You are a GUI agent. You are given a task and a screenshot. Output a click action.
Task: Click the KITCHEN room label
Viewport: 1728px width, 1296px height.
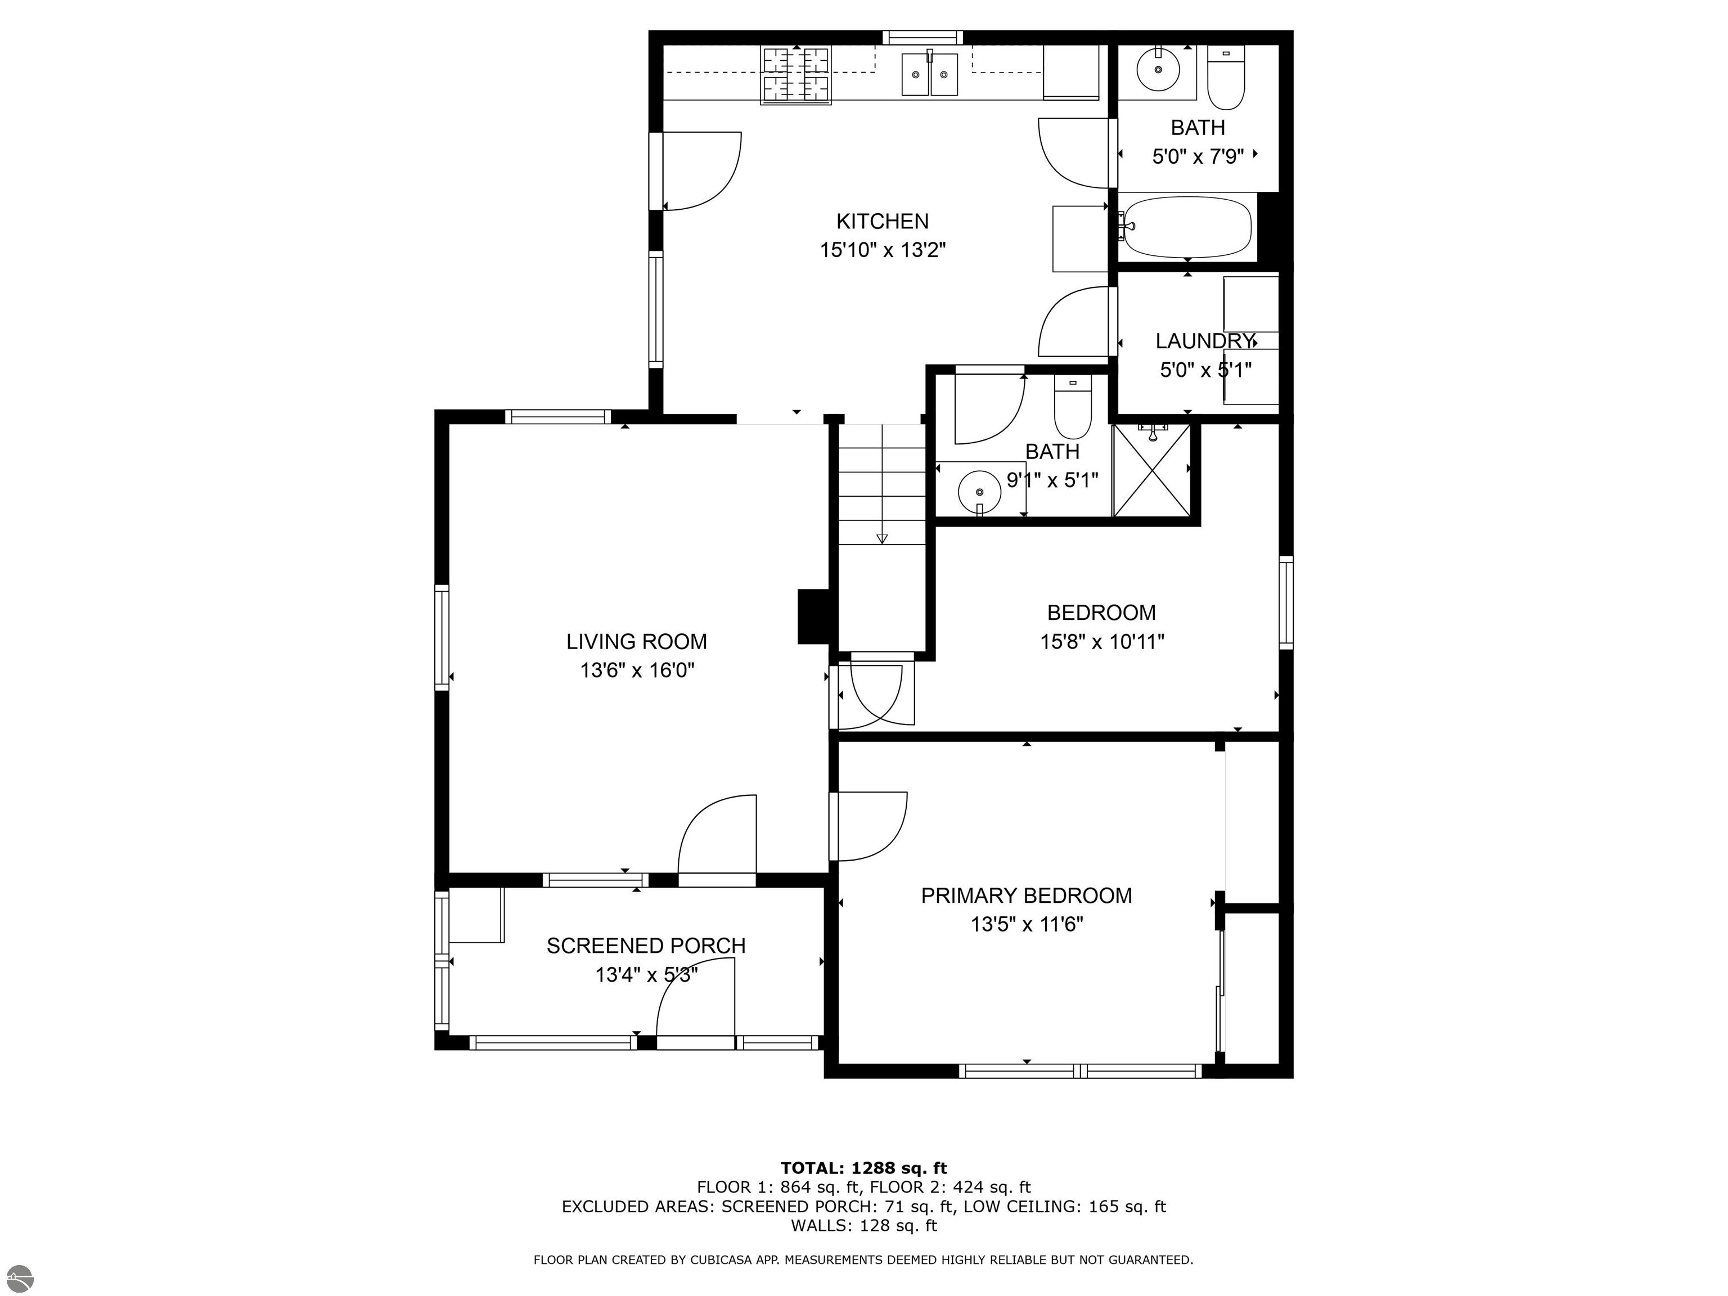pos(882,221)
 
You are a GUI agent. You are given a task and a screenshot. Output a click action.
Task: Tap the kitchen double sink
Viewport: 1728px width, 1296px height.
pos(930,74)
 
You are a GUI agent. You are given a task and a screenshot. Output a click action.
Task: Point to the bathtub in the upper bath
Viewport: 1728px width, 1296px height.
pos(1187,227)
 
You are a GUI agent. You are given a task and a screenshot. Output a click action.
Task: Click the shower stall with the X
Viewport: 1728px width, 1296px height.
pos(1151,470)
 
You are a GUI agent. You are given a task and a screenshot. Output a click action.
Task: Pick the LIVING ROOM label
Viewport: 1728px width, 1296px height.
pos(637,641)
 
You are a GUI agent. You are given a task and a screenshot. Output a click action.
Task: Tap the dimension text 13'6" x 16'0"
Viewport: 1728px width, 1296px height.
pos(637,670)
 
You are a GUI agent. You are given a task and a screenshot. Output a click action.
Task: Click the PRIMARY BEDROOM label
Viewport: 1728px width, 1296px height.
pos(1027,895)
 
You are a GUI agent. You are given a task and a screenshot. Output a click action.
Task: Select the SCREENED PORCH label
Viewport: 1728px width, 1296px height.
pos(646,945)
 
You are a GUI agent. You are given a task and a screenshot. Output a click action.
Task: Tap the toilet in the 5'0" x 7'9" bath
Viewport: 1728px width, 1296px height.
pos(1226,78)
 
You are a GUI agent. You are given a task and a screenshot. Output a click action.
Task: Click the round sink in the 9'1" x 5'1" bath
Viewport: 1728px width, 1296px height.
pos(980,492)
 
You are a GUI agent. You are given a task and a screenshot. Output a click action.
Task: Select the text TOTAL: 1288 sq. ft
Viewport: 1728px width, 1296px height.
pos(863,1168)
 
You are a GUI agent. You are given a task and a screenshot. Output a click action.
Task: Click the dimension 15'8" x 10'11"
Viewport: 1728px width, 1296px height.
pos(1101,641)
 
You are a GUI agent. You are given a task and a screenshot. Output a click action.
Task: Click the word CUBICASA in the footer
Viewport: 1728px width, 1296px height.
pos(709,1259)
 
